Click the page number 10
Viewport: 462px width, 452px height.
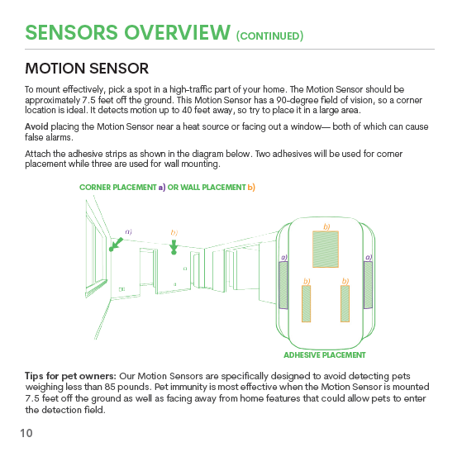(26, 433)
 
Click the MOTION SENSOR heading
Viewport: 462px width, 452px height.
(87, 69)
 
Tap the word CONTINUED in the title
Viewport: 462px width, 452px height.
(269, 36)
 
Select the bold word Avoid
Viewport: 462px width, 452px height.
(36, 126)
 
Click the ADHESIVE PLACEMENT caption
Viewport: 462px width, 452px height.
(325, 355)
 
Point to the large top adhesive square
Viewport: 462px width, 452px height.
(326, 250)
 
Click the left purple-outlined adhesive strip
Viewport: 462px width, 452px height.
(283, 285)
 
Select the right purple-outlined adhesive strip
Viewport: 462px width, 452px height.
(368, 285)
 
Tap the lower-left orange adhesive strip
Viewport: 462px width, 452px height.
(306, 303)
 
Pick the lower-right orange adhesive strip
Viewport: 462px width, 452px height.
(345, 303)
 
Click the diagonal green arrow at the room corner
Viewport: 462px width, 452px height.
(116, 245)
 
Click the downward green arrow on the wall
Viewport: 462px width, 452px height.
(174, 247)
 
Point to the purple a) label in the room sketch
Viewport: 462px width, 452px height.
(128, 232)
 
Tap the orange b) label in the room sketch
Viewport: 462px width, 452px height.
(174, 233)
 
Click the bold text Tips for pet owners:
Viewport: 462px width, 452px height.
(71, 376)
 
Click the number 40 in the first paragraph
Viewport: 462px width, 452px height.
(187, 110)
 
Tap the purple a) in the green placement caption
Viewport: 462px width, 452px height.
(162, 188)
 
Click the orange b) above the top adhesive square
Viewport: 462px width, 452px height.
(326, 226)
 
